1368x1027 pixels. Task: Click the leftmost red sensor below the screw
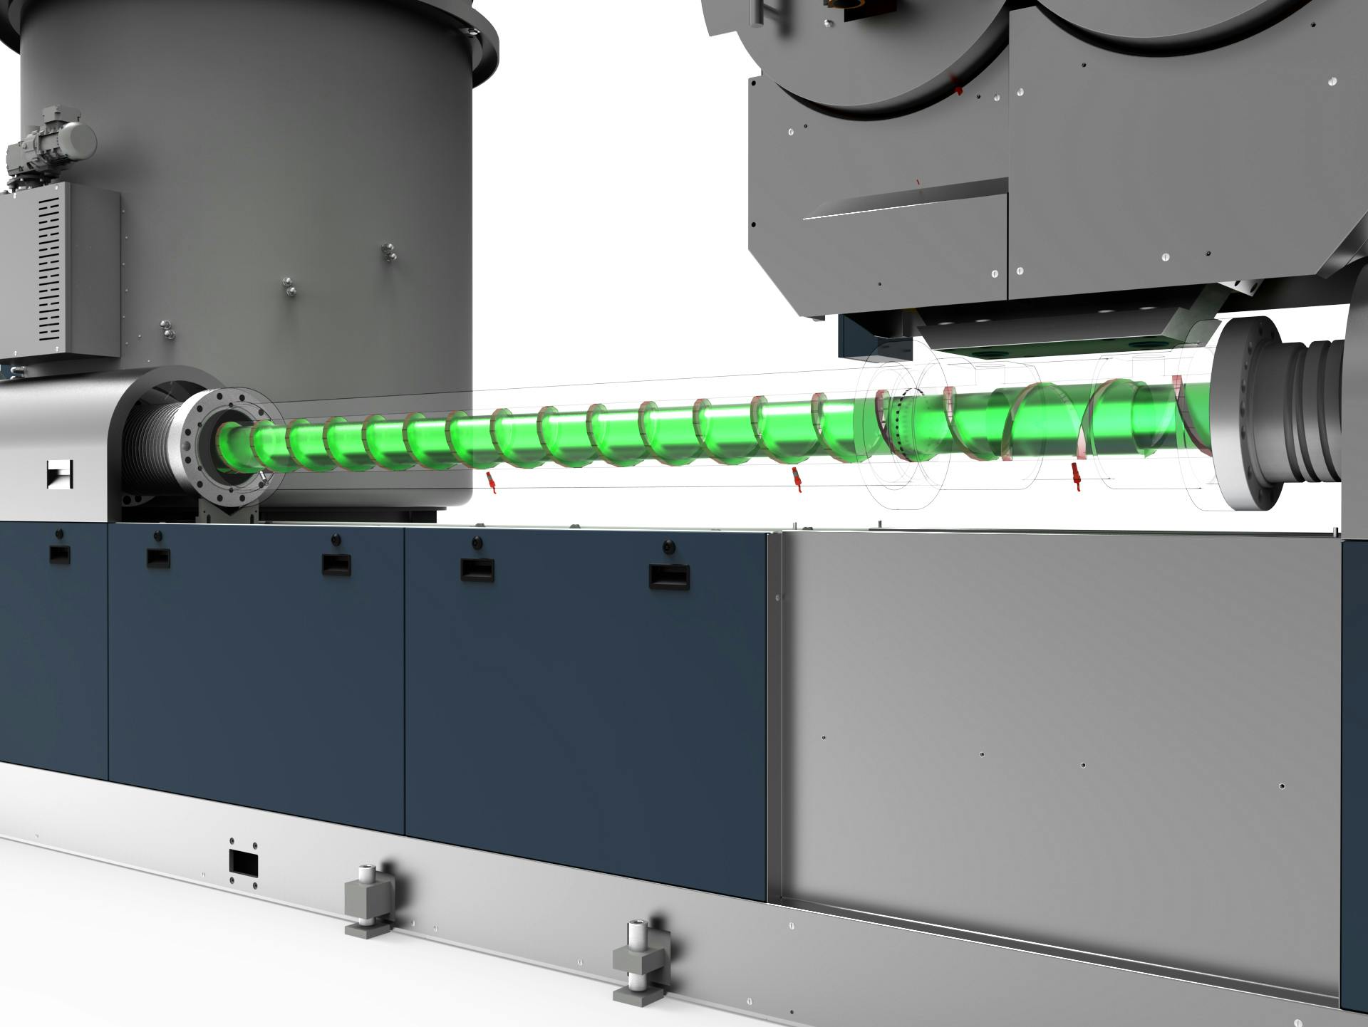coord(490,481)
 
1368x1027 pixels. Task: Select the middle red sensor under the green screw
coord(799,480)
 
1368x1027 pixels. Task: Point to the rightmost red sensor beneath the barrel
coord(1077,476)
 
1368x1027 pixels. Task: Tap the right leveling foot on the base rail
coord(638,959)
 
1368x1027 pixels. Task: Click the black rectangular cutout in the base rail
coord(243,862)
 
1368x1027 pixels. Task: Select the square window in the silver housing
coord(60,474)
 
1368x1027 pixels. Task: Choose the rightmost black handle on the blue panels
coord(668,575)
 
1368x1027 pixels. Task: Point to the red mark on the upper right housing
coord(959,90)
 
